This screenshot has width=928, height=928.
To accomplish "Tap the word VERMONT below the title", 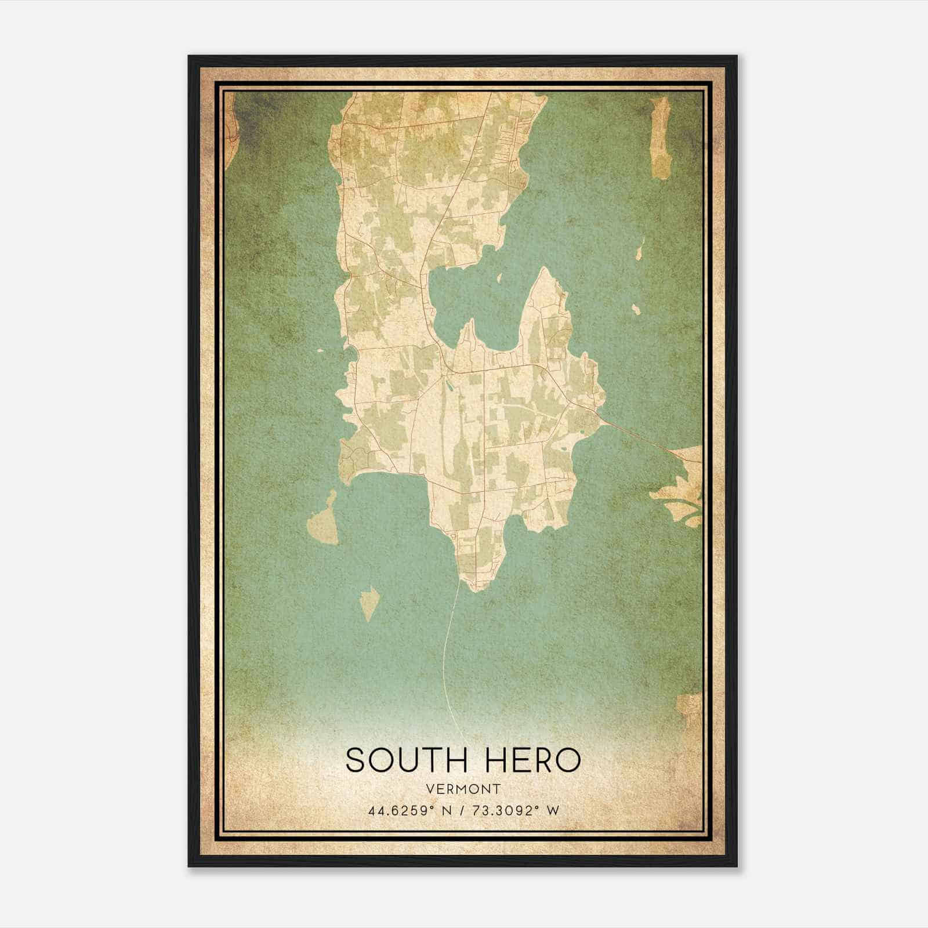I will coord(463,789).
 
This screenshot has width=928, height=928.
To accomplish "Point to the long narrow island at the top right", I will coord(660,138).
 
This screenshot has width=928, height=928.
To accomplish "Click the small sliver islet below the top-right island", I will coord(640,253).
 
